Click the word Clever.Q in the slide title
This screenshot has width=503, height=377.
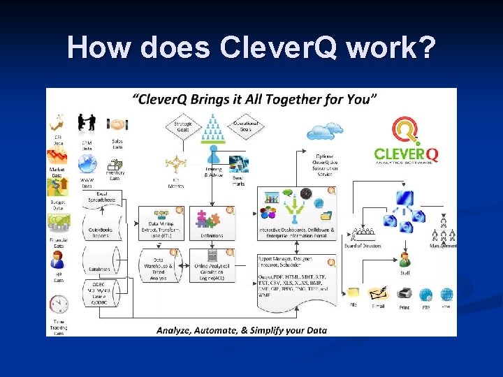click(279, 47)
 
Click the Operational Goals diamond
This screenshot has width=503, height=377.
click(244, 127)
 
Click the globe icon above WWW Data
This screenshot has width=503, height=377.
click(87, 165)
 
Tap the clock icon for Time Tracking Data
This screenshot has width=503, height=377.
click(59, 304)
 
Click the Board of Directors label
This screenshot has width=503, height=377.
click(363, 245)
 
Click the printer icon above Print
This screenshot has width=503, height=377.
click(404, 295)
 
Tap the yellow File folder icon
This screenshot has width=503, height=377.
click(354, 294)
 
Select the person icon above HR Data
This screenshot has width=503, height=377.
click(57, 261)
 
